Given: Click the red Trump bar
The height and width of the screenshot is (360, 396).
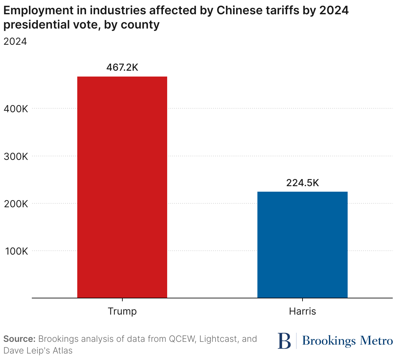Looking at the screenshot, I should point(122,187).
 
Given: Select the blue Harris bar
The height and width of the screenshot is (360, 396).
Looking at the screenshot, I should point(302,245).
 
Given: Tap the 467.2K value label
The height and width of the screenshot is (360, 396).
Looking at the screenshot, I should point(122,67).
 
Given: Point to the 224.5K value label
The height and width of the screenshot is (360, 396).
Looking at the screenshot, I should point(303,183).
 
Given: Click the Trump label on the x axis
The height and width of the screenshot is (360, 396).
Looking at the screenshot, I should point(122,311).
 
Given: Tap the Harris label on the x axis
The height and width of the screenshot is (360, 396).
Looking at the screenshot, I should point(302,311).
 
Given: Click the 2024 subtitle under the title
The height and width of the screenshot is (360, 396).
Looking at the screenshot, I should point(15,42).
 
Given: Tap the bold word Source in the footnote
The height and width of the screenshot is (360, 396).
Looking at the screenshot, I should point(19,339).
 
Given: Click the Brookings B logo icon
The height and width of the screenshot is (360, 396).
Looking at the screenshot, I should point(284,341).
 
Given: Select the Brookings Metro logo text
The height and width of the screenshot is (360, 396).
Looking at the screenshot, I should point(347,341).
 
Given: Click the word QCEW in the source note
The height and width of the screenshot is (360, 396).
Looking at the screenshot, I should point(181,339).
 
